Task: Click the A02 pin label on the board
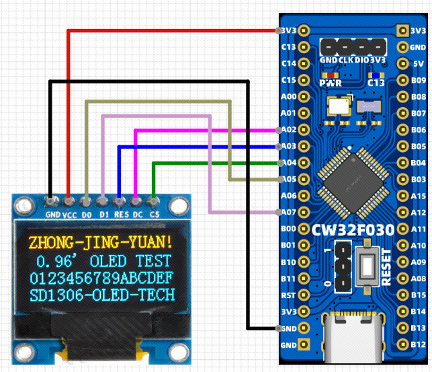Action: pyautogui.click(x=288, y=129)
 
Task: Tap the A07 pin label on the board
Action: pyautogui.click(x=288, y=212)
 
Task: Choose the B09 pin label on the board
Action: pyautogui.click(x=418, y=80)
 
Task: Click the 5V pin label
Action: pyautogui.click(x=418, y=64)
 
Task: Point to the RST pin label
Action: pyautogui.click(x=288, y=295)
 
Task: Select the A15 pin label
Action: pyautogui.click(x=418, y=196)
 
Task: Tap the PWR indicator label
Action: pyautogui.click(x=330, y=83)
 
